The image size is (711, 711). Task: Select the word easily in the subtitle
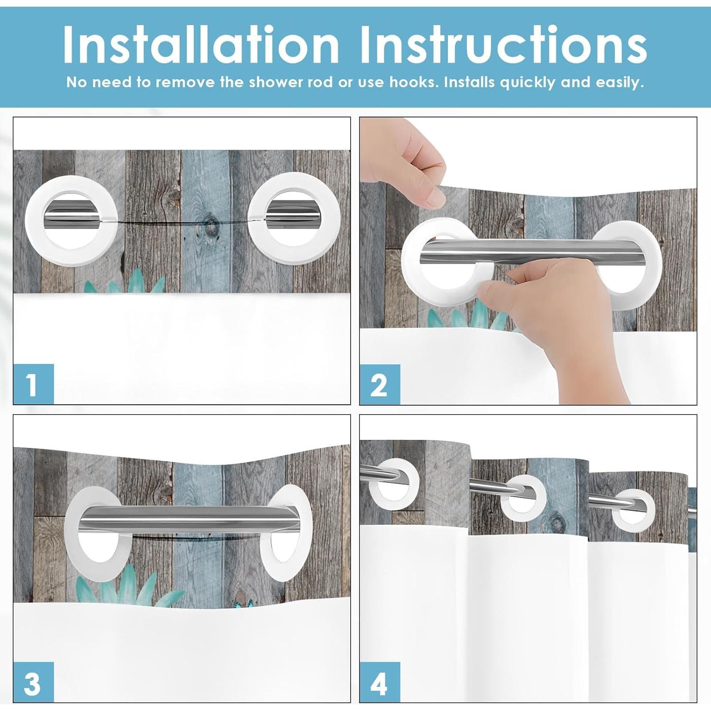click(x=620, y=83)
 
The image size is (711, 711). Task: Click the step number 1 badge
click(x=33, y=384)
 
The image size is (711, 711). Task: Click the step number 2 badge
click(x=380, y=384)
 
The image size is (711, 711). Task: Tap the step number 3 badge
click(x=33, y=682)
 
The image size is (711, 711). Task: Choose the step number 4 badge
click(x=380, y=682)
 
